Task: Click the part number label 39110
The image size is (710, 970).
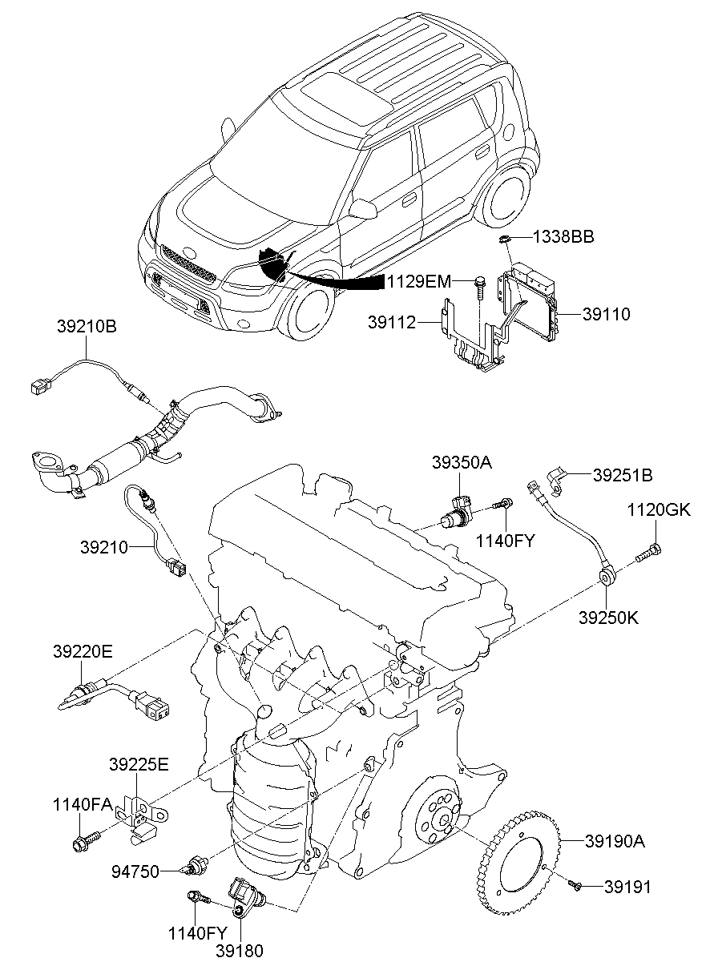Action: click(607, 315)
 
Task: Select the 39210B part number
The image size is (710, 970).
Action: click(87, 327)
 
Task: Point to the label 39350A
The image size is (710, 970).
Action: click(461, 462)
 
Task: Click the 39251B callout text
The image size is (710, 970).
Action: click(623, 475)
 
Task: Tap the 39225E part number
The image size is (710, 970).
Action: click(139, 765)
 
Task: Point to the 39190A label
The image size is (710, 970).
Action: click(615, 841)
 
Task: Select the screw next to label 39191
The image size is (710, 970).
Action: click(574, 883)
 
